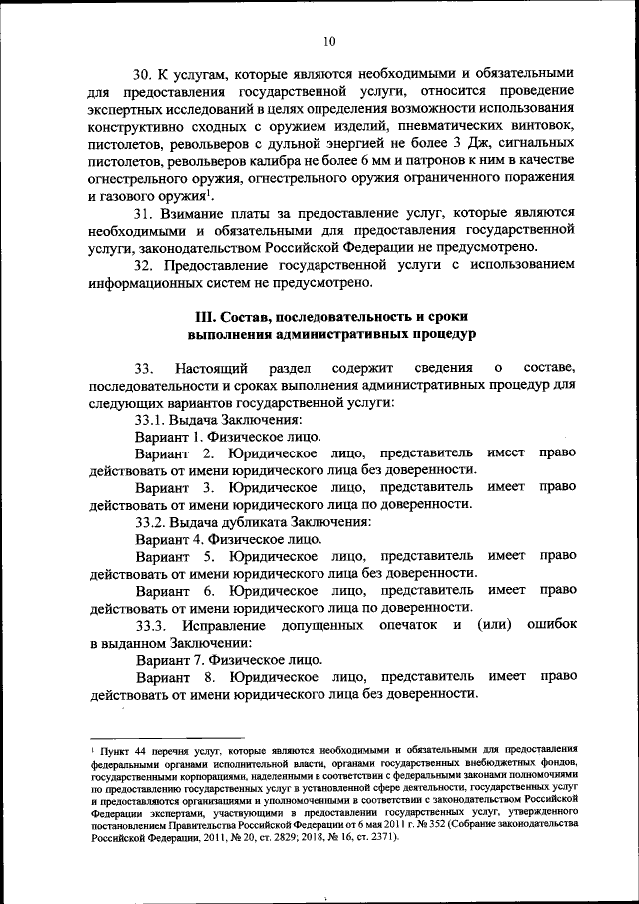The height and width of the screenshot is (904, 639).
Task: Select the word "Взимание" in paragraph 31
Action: pyautogui.click(x=205, y=214)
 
